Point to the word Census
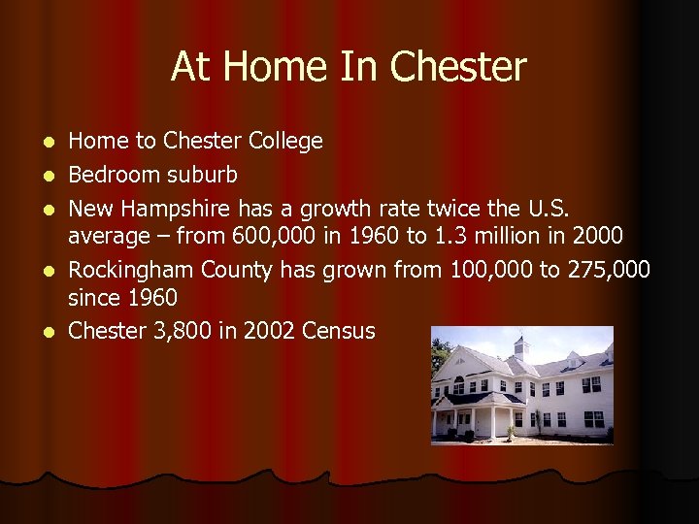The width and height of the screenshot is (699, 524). tap(338, 331)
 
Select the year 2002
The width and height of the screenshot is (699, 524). tap(264, 331)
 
